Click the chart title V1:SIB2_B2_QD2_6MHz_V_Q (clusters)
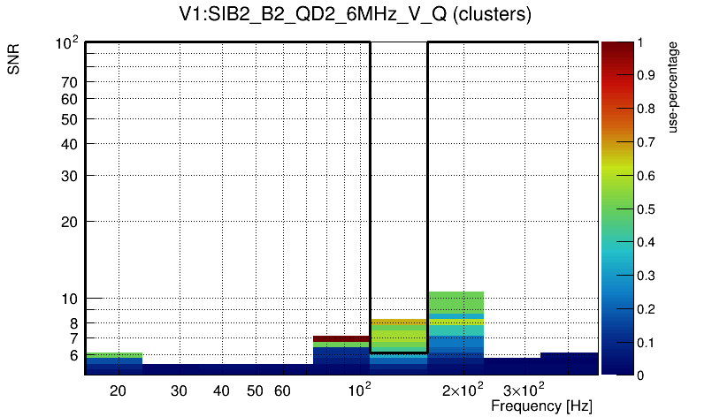pyautogui.click(x=355, y=14)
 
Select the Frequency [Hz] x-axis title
pyautogui.click(x=541, y=406)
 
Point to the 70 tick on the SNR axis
pyautogui.click(x=69, y=82)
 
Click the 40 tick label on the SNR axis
pyautogui.click(x=69, y=144)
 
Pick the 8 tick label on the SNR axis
pyautogui.click(x=74, y=323)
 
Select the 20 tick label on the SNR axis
pyautogui.click(x=69, y=222)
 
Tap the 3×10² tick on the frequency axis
pyautogui.click(x=524, y=390)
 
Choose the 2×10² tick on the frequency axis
pyautogui.click(x=462, y=390)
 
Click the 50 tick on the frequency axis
pyautogui.click(x=255, y=390)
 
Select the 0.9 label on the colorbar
pyautogui.click(x=647, y=76)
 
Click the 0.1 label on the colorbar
pyautogui.click(x=647, y=343)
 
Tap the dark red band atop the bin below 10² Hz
pyautogui.click(x=341, y=338)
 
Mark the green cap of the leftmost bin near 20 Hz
pyautogui.click(x=113, y=355)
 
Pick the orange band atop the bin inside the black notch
pyautogui.click(x=399, y=322)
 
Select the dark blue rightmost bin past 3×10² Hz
pyautogui.click(x=570, y=363)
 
